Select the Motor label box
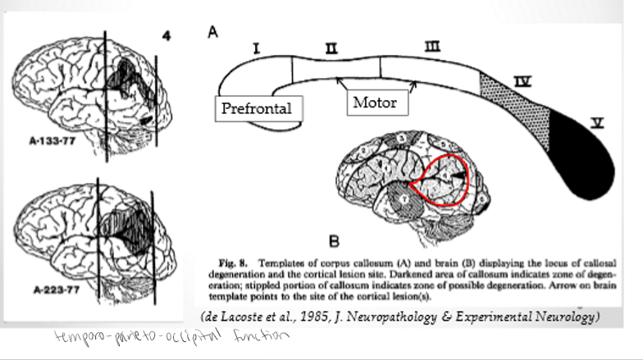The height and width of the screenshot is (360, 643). [x=375, y=103]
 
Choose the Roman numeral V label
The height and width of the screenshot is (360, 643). [x=598, y=123]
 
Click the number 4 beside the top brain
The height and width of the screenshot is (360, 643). [x=166, y=37]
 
